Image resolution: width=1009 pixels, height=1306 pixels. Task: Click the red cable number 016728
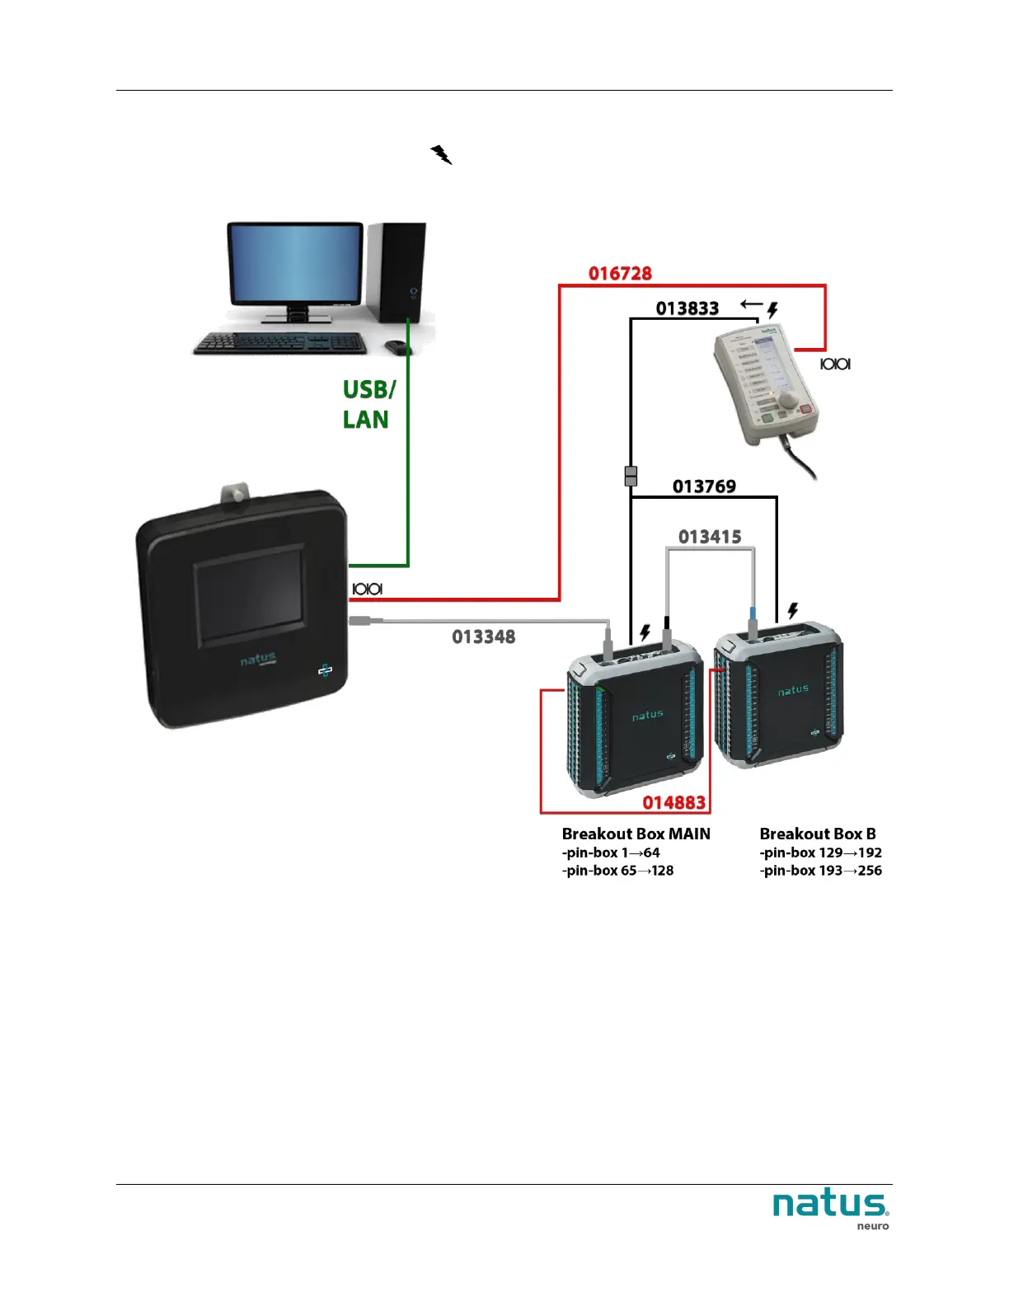point(620,274)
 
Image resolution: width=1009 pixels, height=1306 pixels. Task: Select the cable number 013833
point(688,308)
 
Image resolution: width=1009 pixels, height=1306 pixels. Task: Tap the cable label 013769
point(704,486)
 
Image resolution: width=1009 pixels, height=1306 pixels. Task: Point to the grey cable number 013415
point(710,538)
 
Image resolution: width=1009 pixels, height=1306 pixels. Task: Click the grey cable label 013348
point(483,637)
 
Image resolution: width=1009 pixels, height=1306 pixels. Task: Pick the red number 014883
point(673,802)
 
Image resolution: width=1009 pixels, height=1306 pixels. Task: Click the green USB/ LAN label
point(368,404)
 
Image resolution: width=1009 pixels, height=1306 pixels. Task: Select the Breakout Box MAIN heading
point(636,834)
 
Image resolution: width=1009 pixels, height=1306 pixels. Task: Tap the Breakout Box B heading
point(818,834)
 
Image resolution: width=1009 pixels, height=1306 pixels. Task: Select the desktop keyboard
point(279,343)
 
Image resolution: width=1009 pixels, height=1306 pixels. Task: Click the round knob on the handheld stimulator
point(789,399)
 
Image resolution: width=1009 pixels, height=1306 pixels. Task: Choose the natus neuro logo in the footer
point(831,1208)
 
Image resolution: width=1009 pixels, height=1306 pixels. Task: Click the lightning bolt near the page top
point(441,155)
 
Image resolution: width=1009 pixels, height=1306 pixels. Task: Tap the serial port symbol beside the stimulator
point(835,364)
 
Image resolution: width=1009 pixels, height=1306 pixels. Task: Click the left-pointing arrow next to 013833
point(751,304)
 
